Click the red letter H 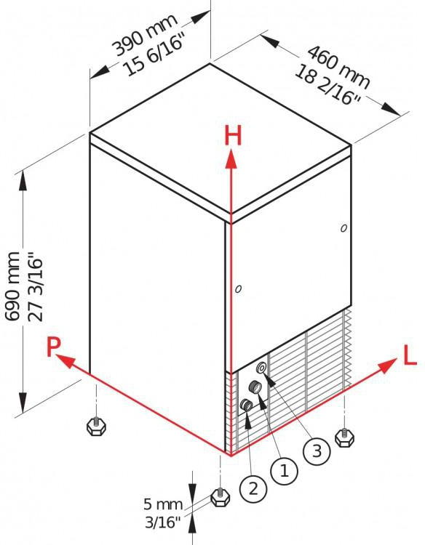tap(233, 136)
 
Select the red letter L tap(410, 355)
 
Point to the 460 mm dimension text tap(338, 67)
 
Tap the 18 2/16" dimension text tap(327, 86)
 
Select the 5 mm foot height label tap(163, 504)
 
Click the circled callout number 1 tap(284, 472)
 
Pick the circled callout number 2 tap(253, 489)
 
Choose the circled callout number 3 tap(317, 451)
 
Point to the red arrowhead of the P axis tap(65, 361)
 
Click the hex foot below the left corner tap(96, 427)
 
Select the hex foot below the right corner tap(344, 437)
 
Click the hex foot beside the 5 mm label tap(220, 497)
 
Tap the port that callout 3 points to tap(262, 368)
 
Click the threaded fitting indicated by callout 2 tap(247, 405)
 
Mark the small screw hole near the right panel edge tap(343, 228)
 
